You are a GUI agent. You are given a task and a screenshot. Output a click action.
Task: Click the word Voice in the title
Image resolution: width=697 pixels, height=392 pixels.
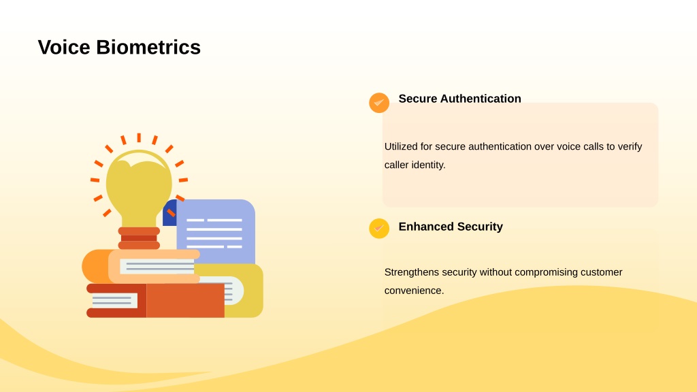tap(64, 47)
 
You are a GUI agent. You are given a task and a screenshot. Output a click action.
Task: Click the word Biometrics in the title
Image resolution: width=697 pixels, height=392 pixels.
tap(148, 47)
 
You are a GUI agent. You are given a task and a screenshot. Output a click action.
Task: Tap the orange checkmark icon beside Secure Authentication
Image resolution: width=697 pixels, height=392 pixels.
tap(379, 103)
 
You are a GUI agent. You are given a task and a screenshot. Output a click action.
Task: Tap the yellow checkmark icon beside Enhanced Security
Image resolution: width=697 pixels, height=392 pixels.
tap(379, 229)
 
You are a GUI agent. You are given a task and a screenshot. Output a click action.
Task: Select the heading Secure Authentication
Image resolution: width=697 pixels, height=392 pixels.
tap(459, 99)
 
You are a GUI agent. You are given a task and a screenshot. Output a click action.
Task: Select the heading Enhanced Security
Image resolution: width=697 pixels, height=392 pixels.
tap(451, 227)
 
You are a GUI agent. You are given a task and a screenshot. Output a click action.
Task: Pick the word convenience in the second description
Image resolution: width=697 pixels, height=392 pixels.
tap(414, 291)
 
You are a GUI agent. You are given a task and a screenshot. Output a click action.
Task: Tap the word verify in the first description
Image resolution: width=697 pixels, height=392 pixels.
tap(630, 147)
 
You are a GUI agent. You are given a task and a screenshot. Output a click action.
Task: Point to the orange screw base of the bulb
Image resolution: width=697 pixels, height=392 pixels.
tap(139, 238)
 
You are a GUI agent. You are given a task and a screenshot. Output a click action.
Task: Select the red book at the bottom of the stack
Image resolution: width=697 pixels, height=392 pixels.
tap(156, 300)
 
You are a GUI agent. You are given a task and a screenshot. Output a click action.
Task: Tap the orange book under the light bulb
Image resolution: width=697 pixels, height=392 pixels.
tap(141, 266)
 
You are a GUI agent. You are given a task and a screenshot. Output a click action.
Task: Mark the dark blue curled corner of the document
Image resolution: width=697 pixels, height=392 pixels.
tap(169, 213)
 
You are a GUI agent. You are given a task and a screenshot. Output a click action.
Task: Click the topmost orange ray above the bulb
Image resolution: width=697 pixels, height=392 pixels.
tap(139, 137)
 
